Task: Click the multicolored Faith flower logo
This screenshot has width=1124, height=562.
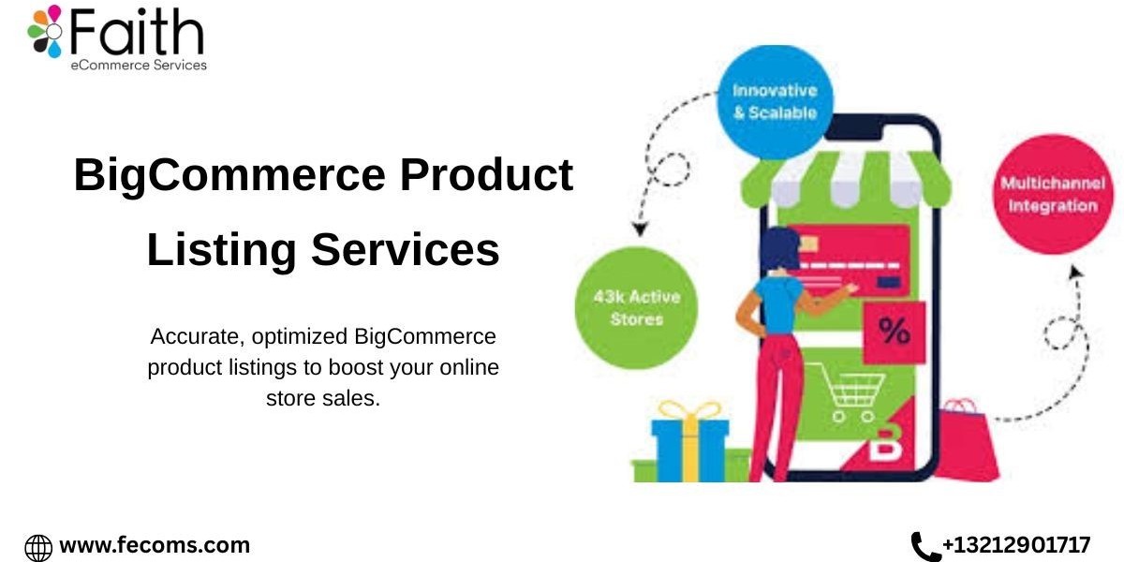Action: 45,31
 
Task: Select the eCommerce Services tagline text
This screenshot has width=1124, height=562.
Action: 139,66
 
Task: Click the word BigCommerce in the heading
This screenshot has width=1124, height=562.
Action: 229,176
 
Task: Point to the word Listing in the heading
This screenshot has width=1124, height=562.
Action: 221,250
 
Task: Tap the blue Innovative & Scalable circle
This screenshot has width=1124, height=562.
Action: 775,102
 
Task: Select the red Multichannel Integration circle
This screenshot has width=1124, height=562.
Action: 1053,194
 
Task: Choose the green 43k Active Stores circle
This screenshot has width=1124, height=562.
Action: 636,308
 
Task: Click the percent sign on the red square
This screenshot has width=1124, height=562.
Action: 895,332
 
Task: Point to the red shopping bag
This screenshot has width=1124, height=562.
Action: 966,440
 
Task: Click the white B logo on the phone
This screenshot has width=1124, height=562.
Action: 887,442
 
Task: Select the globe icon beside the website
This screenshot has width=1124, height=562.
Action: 38,548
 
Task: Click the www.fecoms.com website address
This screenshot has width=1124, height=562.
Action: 155,545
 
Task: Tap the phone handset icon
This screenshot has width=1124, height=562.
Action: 924,546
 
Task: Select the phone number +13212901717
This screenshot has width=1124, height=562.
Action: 1016,545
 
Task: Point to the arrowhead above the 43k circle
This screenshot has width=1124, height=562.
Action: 640,229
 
